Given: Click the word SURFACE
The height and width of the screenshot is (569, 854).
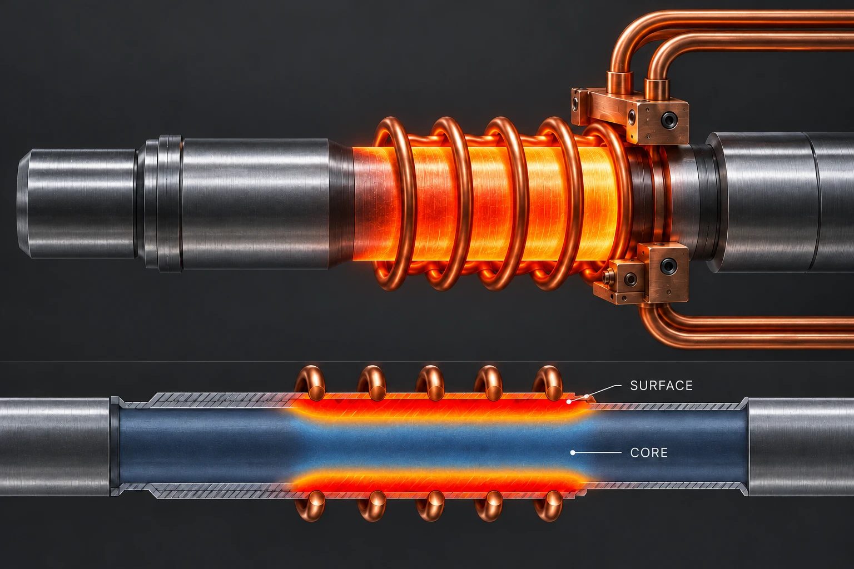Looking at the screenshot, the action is [662, 386].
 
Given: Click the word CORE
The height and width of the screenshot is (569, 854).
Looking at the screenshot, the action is [649, 453].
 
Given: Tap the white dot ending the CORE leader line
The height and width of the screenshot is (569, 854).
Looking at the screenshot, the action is [572, 453].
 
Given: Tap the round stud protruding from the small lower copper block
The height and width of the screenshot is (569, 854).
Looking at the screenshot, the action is [609, 275].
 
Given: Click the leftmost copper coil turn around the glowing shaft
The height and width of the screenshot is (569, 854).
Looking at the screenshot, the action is [393, 204].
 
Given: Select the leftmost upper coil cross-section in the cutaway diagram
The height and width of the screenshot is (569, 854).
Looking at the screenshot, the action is [310, 383].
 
